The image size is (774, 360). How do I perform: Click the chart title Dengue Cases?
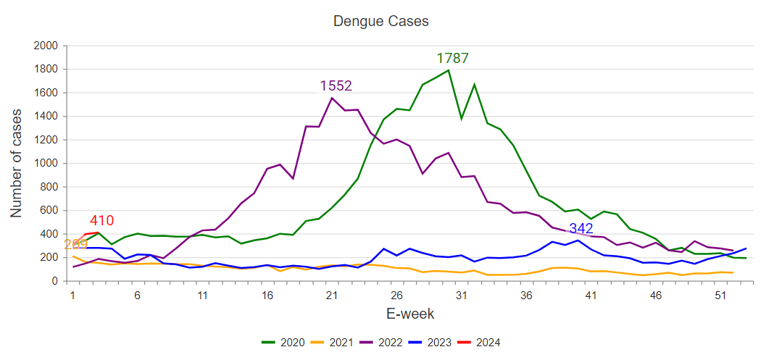pyautogui.click(x=380, y=21)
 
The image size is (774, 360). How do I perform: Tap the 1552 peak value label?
pyautogui.click(x=336, y=85)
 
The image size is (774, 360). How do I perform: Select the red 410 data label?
pyautogui.click(x=101, y=221)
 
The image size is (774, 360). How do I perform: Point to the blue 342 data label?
pyautogui.click(x=581, y=230)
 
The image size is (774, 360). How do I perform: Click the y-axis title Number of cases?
pyautogui.click(x=17, y=163)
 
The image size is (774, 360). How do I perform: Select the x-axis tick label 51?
pyautogui.click(x=720, y=295)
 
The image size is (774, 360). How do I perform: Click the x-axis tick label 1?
pyautogui.click(x=72, y=295)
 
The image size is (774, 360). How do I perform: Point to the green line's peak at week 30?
pyautogui.click(x=449, y=70)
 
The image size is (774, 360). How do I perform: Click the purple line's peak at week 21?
pyautogui.click(x=332, y=98)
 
